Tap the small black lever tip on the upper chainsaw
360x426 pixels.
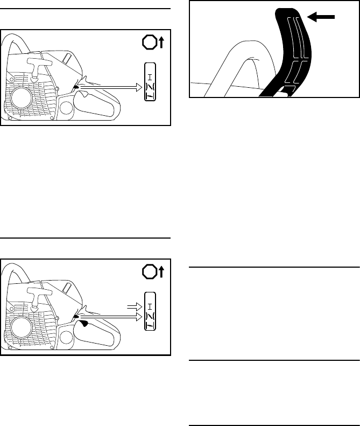(76, 85)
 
